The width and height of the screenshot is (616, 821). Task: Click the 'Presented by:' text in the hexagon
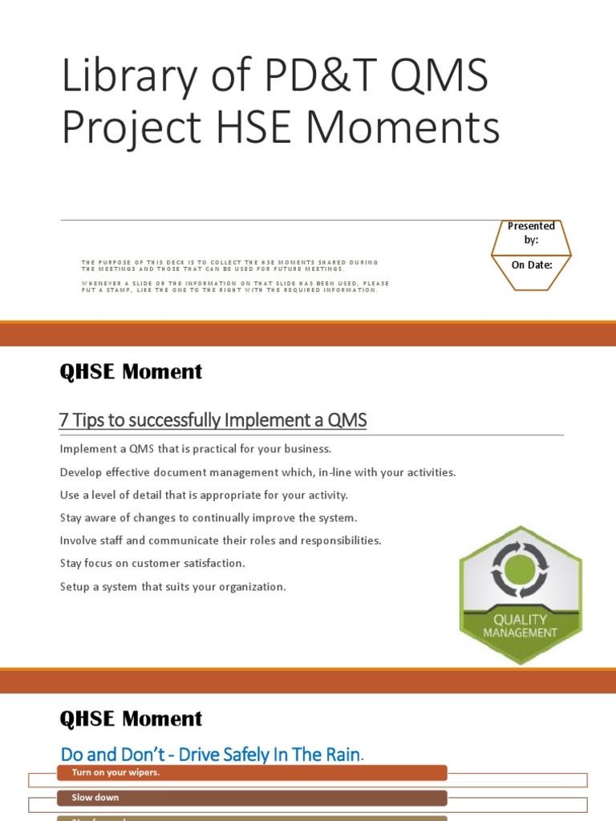[x=531, y=233]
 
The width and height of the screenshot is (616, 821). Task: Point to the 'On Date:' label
[x=531, y=265]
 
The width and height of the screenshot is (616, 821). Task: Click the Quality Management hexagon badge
[x=520, y=594]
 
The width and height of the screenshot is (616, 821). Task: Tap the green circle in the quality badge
[x=520, y=569]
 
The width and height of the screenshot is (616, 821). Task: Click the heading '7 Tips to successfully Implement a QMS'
[x=213, y=420]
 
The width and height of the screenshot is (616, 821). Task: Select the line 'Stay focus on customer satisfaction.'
[x=152, y=563]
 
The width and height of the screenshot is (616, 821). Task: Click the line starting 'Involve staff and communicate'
[x=221, y=540]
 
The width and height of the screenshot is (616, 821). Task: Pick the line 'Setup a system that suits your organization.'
[x=172, y=586]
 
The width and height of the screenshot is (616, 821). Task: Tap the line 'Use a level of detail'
[x=204, y=495]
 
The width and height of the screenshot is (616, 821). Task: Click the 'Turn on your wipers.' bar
[x=251, y=773]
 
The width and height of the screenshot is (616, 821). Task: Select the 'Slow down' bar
[x=251, y=798]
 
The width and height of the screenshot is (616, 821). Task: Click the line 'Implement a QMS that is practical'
[x=195, y=448]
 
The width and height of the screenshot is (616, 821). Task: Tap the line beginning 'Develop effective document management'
[x=257, y=471]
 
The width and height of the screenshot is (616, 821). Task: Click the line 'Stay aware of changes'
[x=209, y=517]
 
